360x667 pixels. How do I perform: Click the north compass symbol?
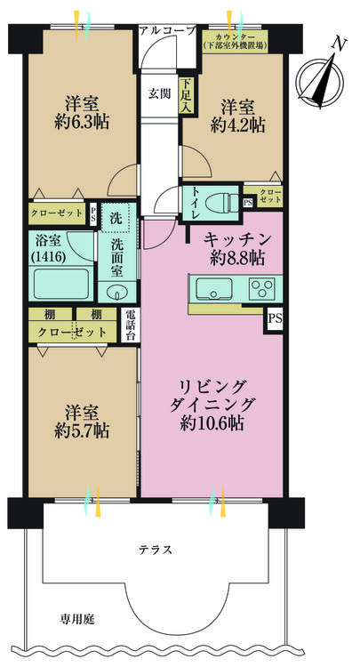(319, 75)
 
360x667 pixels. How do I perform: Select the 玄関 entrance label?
(160, 92)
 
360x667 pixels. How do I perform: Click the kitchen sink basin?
(213, 290)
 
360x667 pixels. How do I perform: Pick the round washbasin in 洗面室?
(116, 293)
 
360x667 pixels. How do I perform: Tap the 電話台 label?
(129, 325)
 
